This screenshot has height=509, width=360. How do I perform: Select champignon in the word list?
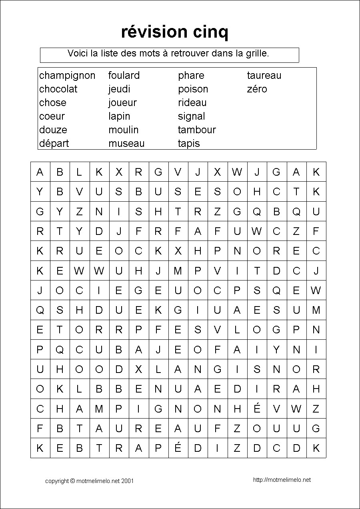(67, 76)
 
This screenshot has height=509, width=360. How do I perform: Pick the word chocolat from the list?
(58, 89)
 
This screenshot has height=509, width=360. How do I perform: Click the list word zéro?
(257, 89)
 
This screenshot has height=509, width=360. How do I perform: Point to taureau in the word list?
(264, 76)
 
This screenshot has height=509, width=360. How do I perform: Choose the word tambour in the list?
(197, 130)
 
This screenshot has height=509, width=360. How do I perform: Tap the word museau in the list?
(126, 143)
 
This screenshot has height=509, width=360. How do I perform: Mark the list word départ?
(54, 143)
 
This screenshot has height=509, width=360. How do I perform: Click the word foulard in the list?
(124, 76)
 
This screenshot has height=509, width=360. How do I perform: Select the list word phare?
(191, 76)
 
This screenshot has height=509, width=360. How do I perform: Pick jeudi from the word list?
(119, 89)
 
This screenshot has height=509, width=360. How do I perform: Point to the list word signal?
(192, 116)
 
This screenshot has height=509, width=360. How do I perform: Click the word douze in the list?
(53, 130)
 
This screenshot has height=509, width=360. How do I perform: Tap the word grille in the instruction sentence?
(257, 53)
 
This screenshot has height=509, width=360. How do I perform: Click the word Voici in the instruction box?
(78, 53)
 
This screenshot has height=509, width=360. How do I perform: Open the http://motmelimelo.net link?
(282, 480)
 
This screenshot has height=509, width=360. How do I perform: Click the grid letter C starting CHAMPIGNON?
(40, 409)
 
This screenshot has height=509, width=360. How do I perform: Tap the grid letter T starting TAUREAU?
(79, 429)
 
